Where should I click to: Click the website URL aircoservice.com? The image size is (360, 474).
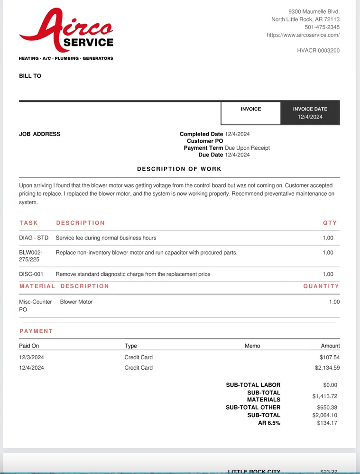pyautogui.click(x=303, y=35)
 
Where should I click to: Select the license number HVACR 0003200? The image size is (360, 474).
pyautogui.click(x=318, y=50)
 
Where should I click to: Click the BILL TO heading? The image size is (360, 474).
pyautogui.click(x=30, y=76)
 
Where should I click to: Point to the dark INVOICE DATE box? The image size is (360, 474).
pyautogui.click(x=310, y=113)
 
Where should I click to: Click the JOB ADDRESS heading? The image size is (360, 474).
pyautogui.click(x=40, y=134)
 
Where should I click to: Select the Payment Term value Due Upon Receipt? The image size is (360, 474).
pyautogui.click(x=247, y=148)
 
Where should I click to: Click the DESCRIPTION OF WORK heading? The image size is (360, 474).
pyautogui.click(x=179, y=169)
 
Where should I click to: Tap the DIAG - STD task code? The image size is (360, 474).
pyautogui.click(x=34, y=238)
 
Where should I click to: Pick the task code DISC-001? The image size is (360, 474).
pyautogui.click(x=31, y=274)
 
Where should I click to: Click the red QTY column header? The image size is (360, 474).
pyautogui.click(x=330, y=223)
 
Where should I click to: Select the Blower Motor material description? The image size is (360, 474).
pyautogui.click(x=76, y=302)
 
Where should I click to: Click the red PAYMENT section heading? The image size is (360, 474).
pyautogui.click(x=36, y=331)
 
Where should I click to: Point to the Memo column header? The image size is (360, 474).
pyautogui.click(x=252, y=346)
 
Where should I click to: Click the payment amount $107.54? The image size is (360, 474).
pyautogui.click(x=330, y=357)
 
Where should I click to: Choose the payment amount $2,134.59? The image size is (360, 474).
pyautogui.click(x=327, y=368)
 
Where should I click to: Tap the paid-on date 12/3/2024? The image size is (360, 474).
pyautogui.click(x=31, y=357)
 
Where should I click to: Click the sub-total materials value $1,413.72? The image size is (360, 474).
pyautogui.click(x=324, y=396)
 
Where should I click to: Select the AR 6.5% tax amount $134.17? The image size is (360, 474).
pyautogui.click(x=327, y=423)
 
